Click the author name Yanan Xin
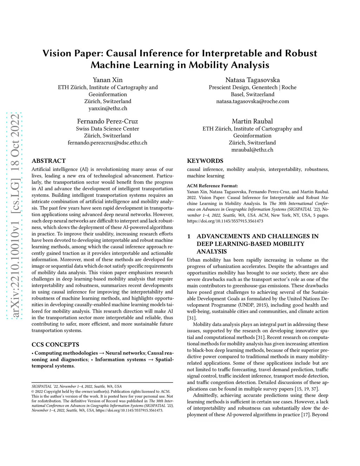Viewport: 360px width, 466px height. [x=108, y=80]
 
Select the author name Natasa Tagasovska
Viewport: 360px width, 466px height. [x=252, y=80]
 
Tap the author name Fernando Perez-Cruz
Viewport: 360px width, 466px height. [x=108, y=121]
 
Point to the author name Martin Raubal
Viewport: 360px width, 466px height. [x=252, y=121]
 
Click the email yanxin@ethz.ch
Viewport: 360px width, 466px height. [x=108, y=108]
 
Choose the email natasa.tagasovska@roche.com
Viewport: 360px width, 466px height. [x=252, y=101]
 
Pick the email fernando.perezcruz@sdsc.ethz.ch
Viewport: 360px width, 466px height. [x=108, y=143]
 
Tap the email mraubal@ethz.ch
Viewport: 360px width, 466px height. [x=252, y=150]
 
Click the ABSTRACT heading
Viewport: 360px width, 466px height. [x=49, y=161]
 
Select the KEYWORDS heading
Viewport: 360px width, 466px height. [x=205, y=161]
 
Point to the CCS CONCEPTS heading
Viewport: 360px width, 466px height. [x=55, y=345]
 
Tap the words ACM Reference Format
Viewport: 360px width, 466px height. [x=212, y=186]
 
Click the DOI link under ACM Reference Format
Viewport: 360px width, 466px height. [x=225, y=221]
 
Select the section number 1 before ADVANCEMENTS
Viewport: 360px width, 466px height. [x=189, y=236]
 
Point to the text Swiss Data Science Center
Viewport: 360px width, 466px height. [x=108, y=129]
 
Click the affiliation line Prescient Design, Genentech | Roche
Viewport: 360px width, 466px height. [x=252, y=87]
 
